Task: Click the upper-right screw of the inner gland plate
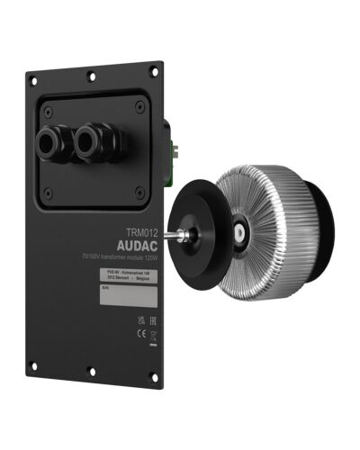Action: click(x=139, y=106)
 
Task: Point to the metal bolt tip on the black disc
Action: click(x=180, y=236)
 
